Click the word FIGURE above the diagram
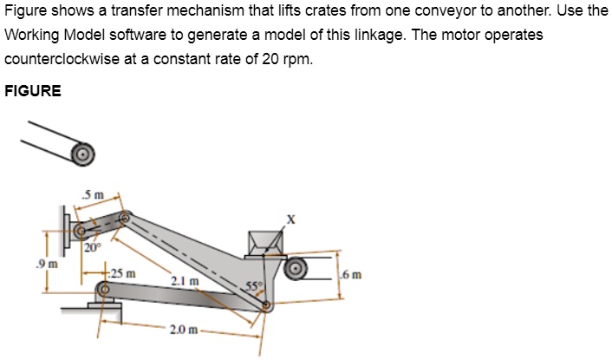coord(33,90)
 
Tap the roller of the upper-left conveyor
coord(82,154)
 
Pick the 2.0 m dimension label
coord(186,331)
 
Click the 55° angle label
coord(251,285)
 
